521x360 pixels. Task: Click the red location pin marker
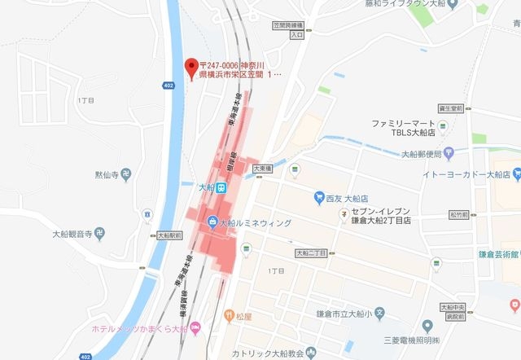[192, 67]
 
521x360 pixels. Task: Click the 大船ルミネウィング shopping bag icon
[212, 221]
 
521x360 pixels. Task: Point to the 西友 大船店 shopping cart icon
[320, 196]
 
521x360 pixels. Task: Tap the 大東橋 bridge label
[260, 168]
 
